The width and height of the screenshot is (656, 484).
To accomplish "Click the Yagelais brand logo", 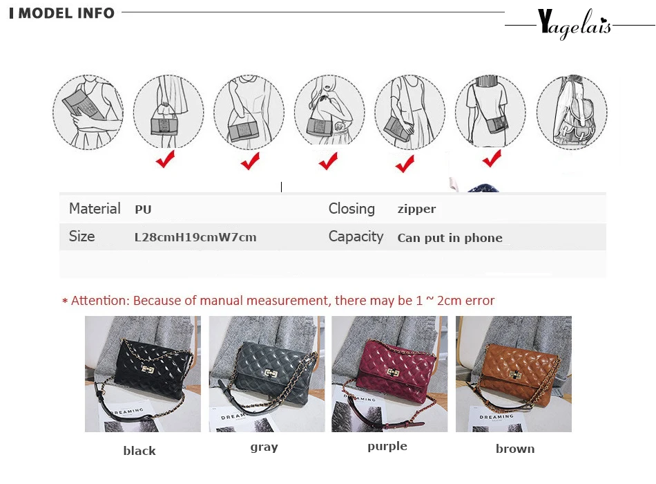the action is [x=574, y=24].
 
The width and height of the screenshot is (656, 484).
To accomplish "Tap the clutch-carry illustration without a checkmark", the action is [x=88, y=112].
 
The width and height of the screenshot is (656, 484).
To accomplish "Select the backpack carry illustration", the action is [x=572, y=112].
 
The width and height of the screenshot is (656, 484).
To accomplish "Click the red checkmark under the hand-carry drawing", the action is [x=166, y=159].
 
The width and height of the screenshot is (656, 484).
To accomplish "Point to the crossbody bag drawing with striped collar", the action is [x=490, y=111].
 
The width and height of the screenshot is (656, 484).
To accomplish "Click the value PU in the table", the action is [x=143, y=210].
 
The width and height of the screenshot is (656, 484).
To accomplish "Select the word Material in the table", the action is [x=95, y=208].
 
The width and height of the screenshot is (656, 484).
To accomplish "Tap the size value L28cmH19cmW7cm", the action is [x=195, y=237].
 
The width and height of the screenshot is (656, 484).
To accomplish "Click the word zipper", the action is [x=416, y=209].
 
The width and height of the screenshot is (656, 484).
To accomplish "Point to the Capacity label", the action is [x=356, y=236].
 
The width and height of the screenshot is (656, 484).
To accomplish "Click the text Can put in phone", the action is [x=450, y=238].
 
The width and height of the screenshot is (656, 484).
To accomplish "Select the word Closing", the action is [x=351, y=209].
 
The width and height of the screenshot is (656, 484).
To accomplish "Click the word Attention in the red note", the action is [x=100, y=301].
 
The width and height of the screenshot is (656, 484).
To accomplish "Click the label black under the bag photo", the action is [x=139, y=451].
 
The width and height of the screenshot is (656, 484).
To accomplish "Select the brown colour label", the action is [x=515, y=449].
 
